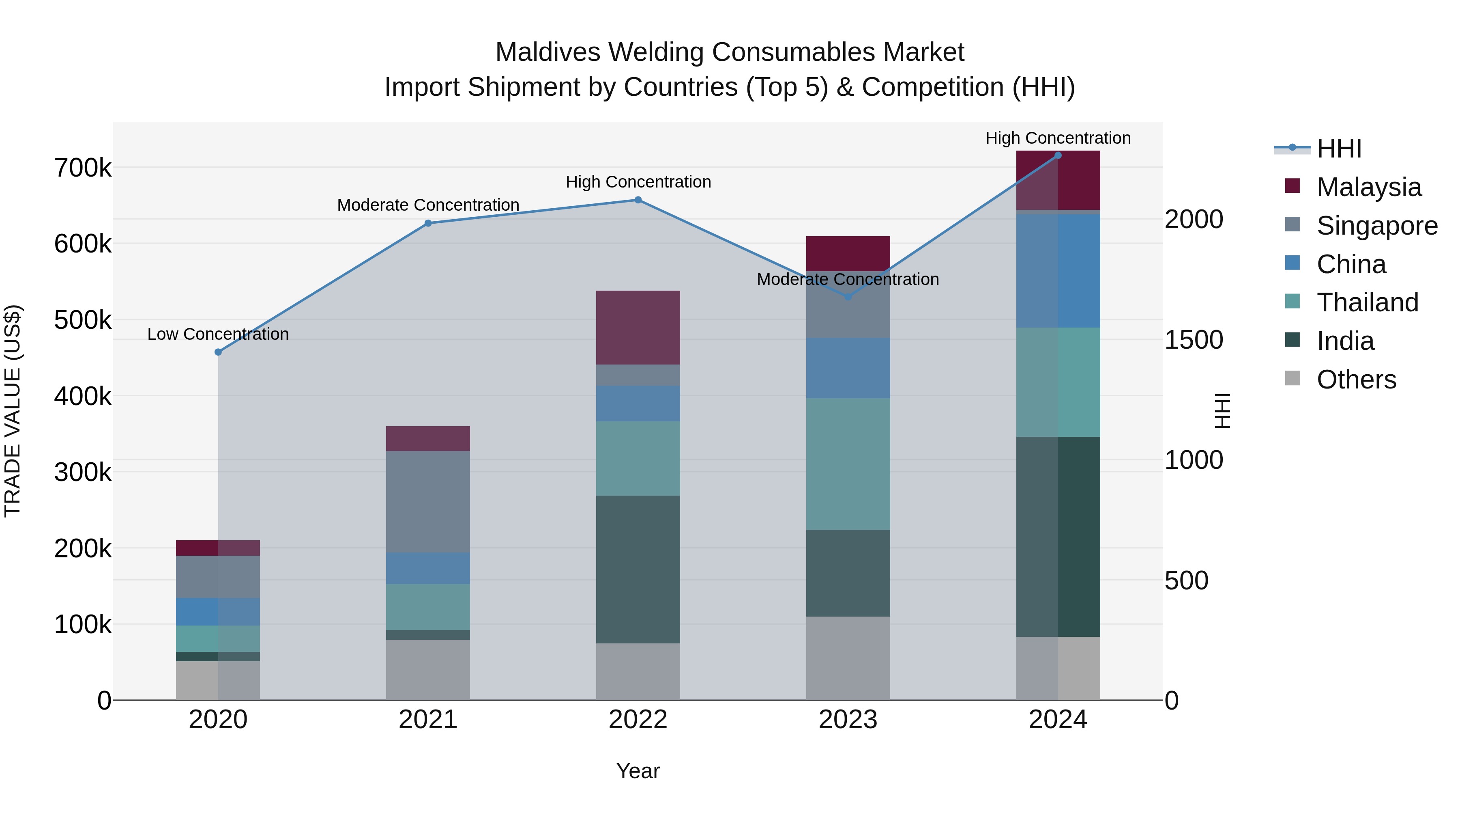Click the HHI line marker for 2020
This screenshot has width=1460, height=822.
click(218, 352)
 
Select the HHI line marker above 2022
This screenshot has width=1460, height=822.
click(638, 200)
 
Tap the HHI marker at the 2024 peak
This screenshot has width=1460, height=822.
click(1058, 155)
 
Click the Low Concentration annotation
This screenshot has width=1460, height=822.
click(218, 334)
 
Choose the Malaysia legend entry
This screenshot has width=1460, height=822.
click(1368, 187)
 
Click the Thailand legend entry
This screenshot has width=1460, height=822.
click(1367, 302)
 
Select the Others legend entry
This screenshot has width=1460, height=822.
click(1356, 380)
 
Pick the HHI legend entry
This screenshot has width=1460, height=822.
click(1338, 149)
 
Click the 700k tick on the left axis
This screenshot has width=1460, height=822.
click(83, 168)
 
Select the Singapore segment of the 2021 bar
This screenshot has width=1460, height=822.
click(428, 501)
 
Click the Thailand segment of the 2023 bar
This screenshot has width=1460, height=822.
click(848, 464)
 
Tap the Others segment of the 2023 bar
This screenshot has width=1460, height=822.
click(848, 658)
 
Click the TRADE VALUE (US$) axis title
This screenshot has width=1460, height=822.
click(13, 411)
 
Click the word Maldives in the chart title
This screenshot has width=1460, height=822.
click(547, 52)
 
